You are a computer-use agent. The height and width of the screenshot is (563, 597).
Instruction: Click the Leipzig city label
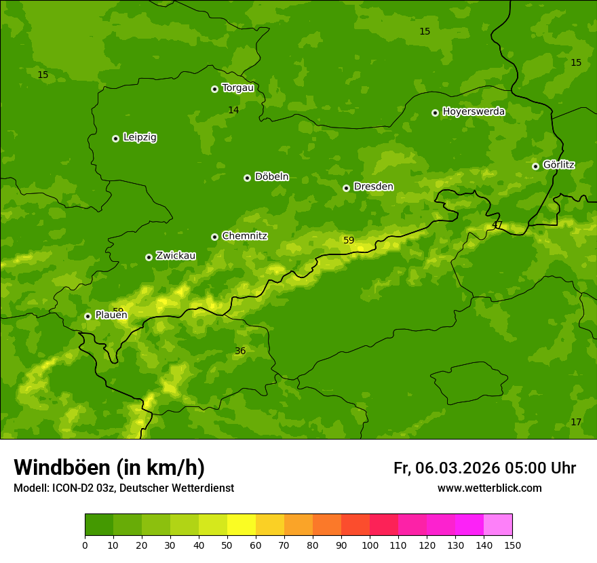(x=140, y=137)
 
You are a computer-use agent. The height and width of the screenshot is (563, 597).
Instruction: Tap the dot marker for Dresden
(x=346, y=188)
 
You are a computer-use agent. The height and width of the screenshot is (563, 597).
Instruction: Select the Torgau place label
(x=237, y=88)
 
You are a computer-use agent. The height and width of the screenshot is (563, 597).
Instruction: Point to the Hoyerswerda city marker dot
(x=435, y=113)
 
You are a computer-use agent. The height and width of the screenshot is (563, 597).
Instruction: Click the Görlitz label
(x=558, y=165)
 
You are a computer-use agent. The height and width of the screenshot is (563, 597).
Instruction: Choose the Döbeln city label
(x=271, y=176)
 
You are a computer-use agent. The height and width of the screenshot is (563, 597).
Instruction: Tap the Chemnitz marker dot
(x=214, y=237)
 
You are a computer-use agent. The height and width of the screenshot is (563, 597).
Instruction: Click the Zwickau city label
(x=176, y=256)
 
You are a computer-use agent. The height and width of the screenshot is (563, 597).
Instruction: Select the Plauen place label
(x=111, y=315)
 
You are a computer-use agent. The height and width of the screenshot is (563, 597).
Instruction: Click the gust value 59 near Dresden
(x=349, y=240)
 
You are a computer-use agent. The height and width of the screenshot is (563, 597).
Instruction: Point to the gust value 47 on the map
(x=497, y=225)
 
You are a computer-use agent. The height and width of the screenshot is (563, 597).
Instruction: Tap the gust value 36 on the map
(x=240, y=351)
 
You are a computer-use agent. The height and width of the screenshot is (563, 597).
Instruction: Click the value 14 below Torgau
(x=233, y=110)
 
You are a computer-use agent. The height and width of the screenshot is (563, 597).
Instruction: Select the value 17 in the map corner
(x=576, y=422)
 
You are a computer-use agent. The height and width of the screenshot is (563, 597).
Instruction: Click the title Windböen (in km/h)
(x=109, y=467)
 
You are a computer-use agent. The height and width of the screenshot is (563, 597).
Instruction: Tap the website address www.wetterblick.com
(x=489, y=488)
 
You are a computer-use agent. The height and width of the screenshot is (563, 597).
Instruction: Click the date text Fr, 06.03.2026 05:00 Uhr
(x=484, y=468)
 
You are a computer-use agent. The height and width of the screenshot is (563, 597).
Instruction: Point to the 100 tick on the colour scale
(x=370, y=545)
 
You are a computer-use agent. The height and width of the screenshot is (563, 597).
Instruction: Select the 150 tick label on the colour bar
(x=512, y=545)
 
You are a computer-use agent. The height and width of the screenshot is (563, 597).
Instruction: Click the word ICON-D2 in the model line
(x=73, y=488)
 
